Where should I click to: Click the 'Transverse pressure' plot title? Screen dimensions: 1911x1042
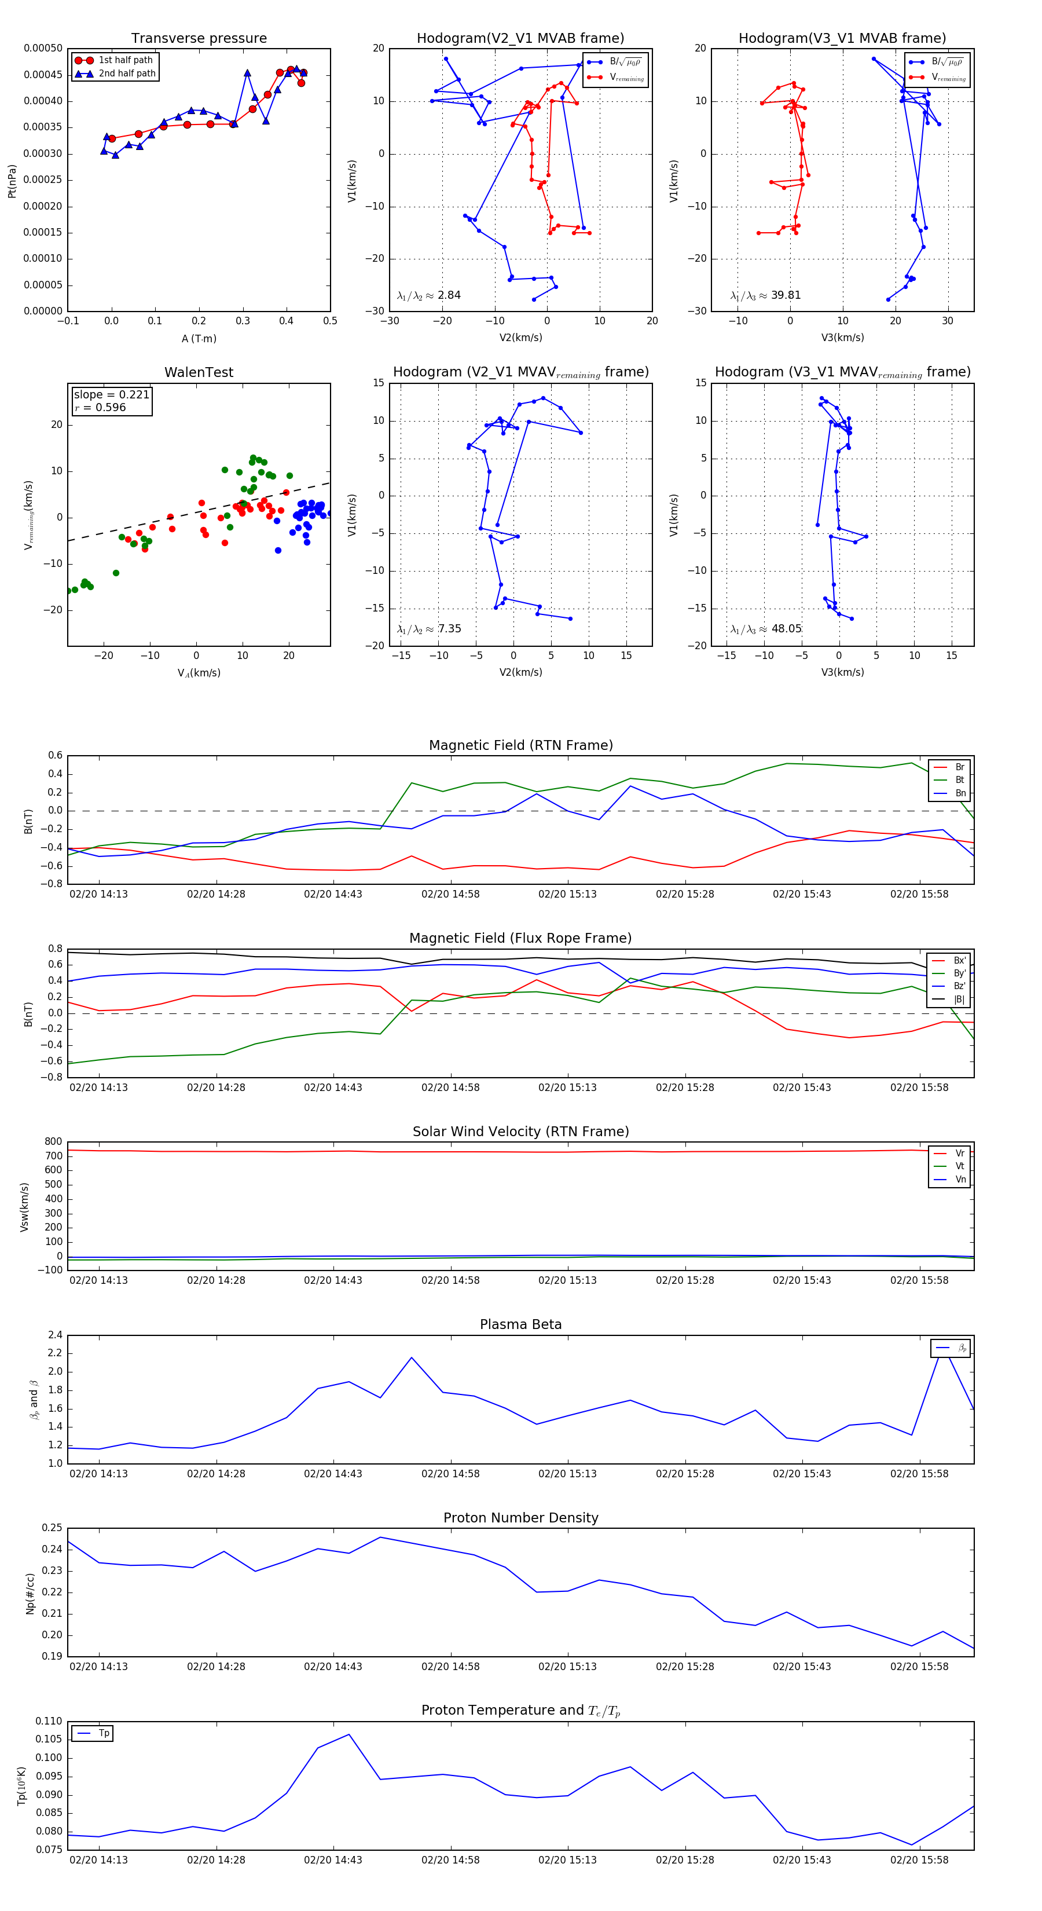[199, 39]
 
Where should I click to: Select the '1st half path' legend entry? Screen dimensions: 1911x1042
[124, 60]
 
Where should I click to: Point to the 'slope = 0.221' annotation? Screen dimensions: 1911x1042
[111, 395]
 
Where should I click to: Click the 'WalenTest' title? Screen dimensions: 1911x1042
[199, 372]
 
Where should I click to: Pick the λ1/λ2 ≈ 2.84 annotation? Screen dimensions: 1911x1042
[428, 295]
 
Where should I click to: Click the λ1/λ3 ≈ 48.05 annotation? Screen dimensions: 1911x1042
[765, 629]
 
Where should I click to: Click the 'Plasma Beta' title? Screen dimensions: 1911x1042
[520, 1325]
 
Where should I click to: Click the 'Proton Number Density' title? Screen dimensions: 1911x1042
[520, 1518]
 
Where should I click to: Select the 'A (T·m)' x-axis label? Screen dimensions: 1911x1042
[199, 338]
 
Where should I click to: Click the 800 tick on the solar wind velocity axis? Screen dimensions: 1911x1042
[53, 1142]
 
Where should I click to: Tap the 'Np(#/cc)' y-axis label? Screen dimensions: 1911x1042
[30, 1594]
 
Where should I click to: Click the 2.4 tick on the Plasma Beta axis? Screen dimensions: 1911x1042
[55, 1335]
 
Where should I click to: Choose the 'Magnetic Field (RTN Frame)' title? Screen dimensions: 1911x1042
[520, 745]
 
